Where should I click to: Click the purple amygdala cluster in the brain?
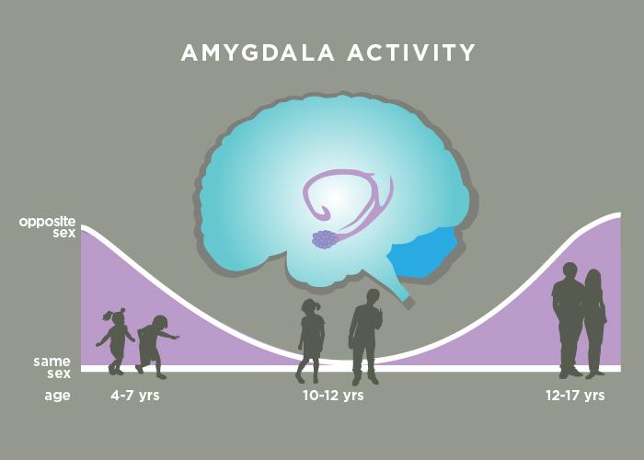[x=325, y=239]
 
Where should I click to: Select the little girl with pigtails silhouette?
[x=116, y=341]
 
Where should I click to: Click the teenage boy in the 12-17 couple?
[x=568, y=317]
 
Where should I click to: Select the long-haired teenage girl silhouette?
[x=594, y=322]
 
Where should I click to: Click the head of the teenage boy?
[x=569, y=272]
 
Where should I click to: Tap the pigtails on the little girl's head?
[x=116, y=314]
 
